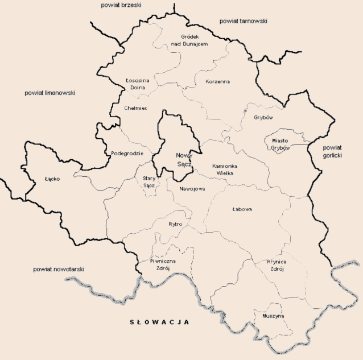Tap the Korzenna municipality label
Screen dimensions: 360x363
coord(217,81)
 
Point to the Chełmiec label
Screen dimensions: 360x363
coord(136,107)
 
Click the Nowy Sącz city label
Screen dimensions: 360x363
coord(184,159)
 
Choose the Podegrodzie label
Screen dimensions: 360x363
coord(127,153)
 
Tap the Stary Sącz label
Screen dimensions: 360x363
coord(148,181)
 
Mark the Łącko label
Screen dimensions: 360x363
coord(52,179)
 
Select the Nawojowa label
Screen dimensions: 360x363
coord(192,188)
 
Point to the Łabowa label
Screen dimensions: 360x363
coord(242,209)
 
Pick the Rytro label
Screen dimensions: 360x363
coord(176,224)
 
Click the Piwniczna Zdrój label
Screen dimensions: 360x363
coord(163,264)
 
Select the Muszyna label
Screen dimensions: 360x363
coord(274,316)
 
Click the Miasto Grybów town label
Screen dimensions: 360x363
coord(280,144)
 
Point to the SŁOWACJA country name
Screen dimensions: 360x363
coord(159,322)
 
